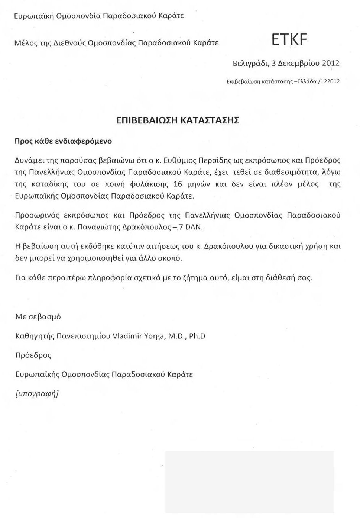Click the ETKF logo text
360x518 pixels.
(289, 39)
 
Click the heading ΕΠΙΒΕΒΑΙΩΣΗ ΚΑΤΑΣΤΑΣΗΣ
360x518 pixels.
(178, 120)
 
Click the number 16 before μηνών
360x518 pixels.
(178, 184)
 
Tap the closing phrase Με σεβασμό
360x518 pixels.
(38, 317)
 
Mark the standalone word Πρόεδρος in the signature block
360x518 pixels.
(33, 355)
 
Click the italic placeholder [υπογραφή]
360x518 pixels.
(37, 393)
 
